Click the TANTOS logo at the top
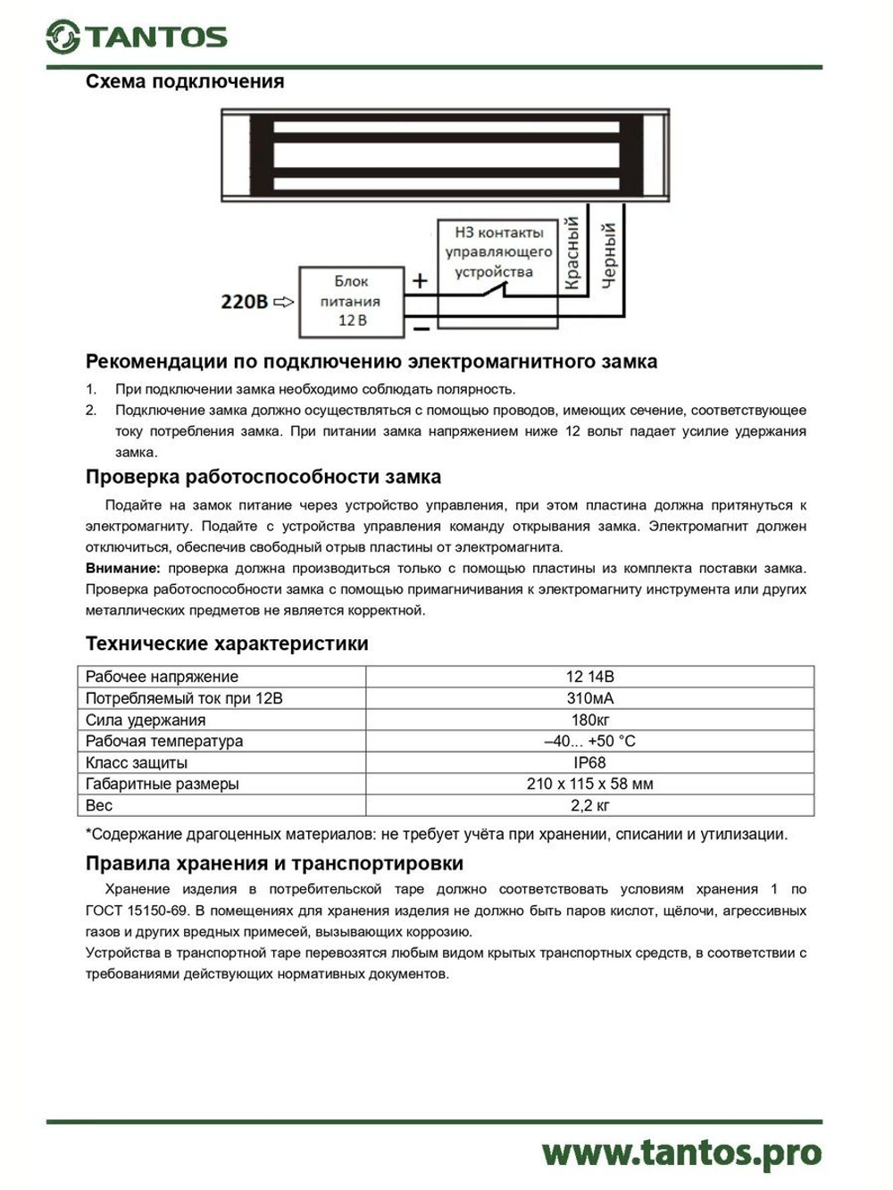pyautogui.click(x=137, y=37)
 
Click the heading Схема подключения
pyautogui.click(x=184, y=81)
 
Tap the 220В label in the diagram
pyautogui.click(x=244, y=302)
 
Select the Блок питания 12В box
pyautogui.click(x=351, y=302)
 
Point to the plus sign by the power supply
pyautogui.click(x=420, y=280)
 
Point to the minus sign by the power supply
pyautogui.click(x=421, y=329)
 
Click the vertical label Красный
pyautogui.click(x=572, y=254)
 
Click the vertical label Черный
pyautogui.click(x=609, y=255)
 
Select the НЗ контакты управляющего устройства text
pyautogui.click(x=498, y=252)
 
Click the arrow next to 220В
pyautogui.click(x=283, y=302)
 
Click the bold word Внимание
pyautogui.click(x=122, y=568)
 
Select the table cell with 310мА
pyautogui.click(x=589, y=698)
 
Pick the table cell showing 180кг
pyautogui.click(x=589, y=720)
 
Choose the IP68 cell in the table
pyautogui.click(x=589, y=762)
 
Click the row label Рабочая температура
pyautogui.click(x=163, y=741)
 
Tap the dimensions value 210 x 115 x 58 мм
pyautogui.click(x=589, y=784)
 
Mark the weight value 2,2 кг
pyautogui.click(x=589, y=805)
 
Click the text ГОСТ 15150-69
pyautogui.click(x=136, y=911)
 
